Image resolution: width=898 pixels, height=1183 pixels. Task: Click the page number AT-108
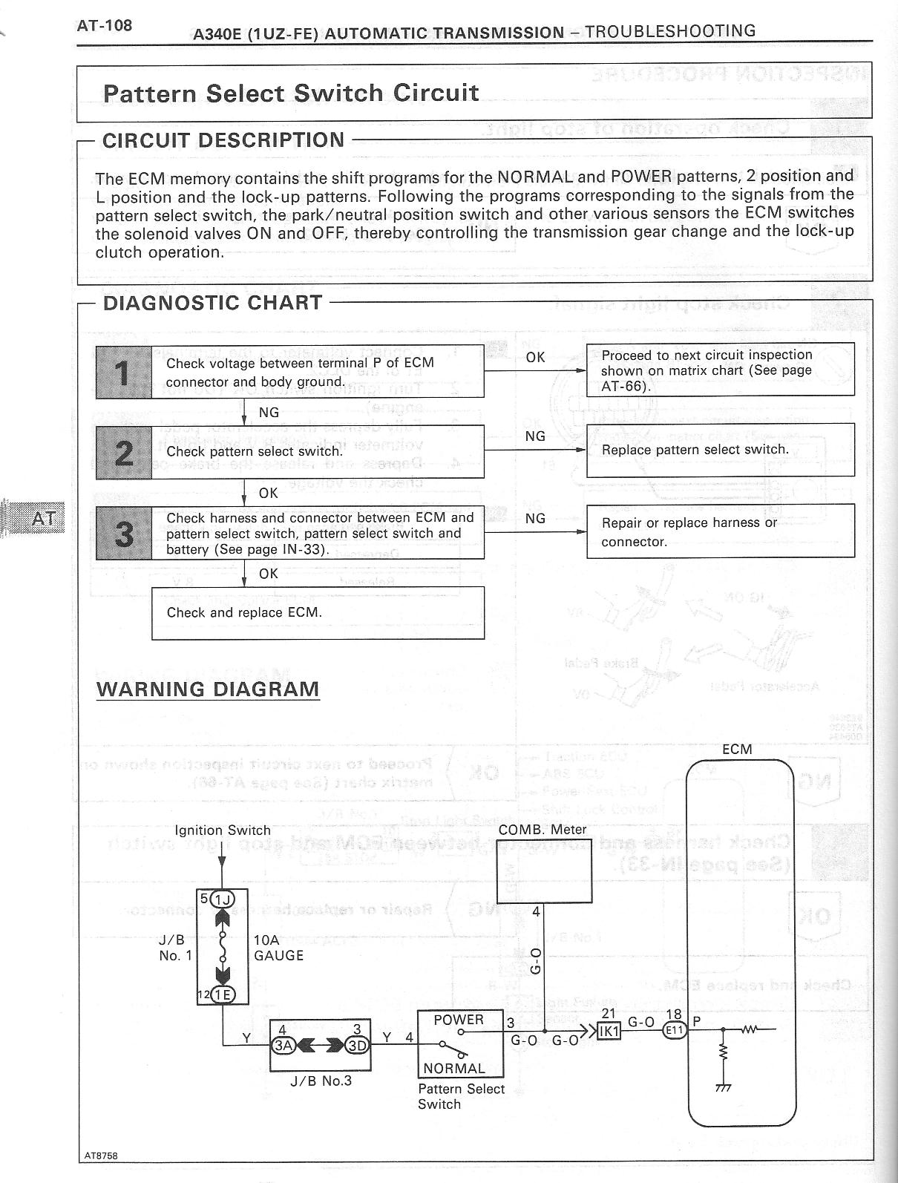pyautogui.click(x=105, y=26)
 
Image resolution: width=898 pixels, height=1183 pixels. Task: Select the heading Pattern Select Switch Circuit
pyautogui.click(x=291, y=94)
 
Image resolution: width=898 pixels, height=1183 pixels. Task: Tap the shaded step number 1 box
pyautogui.click(x=124, y=372)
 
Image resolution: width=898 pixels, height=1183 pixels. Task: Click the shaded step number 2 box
pyautogui.click(x=124, y=451)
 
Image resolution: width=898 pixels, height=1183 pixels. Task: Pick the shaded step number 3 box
pyautogui.click(x=124, y=533)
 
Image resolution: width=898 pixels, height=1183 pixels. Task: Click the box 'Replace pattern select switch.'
pyautogui.click(x=720, y=450)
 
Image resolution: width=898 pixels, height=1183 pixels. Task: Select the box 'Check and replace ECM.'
pyautogui.click(x=318, y=613)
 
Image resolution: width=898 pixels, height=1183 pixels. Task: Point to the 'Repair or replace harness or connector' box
pyautogui.click(x=720, y=532)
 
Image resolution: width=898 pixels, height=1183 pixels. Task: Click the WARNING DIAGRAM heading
pyautogui.click(x=208, y=689)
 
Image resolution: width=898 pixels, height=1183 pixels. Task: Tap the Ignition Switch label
pyautogui.click(x=223, y=830)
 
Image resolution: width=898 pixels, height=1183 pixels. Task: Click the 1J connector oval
pyautogui.click(x=222, y=901)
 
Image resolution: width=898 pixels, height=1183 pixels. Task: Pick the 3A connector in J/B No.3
pyautogui.click(x=284, y=1045)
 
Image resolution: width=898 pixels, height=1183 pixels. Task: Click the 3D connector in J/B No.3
pyautogui.click(x=358, y=1045)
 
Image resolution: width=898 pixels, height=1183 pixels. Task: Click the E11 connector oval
pyautogui.click(x=675, y=1030)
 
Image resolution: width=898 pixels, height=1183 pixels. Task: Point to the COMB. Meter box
pyautogui.click(x=544, y=875)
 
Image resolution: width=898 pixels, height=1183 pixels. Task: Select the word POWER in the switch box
pyautogui.click(x=459, y=1020)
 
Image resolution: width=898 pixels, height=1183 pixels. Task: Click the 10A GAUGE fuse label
pyautogui.click(x=278, y=948)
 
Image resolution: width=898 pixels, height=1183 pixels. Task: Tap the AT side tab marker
pyautogui.click(x=43, y=517)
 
